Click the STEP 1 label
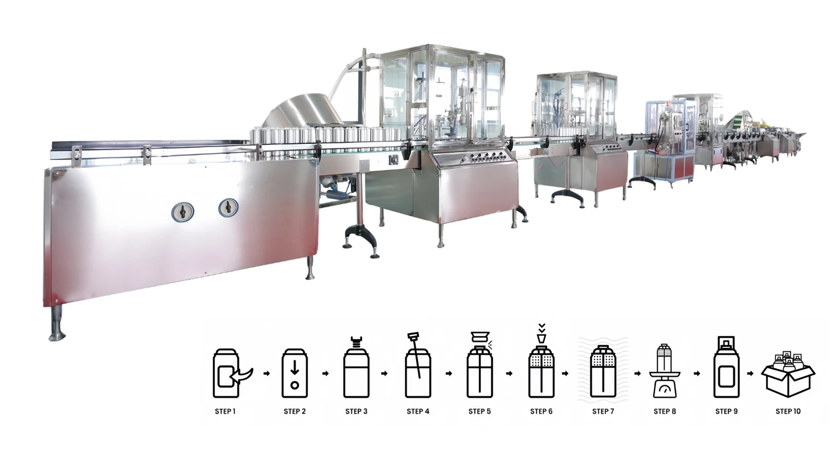[225, 412]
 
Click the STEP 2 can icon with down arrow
[295, 373]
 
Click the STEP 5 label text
[479, 412]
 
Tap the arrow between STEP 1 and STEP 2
[267, 374]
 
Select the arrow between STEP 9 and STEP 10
[750, 374]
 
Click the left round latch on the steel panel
[183, 212]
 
